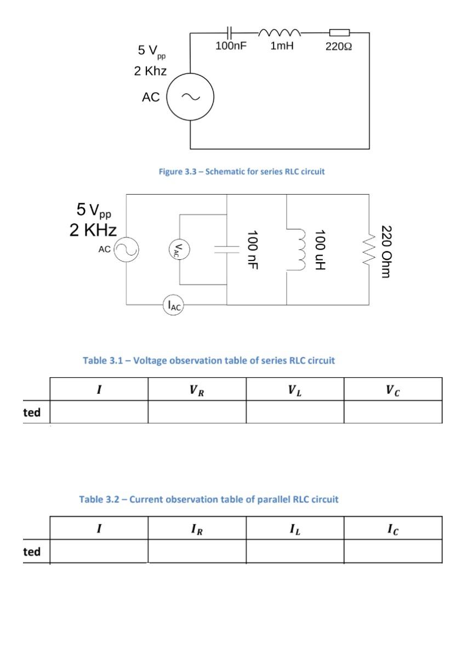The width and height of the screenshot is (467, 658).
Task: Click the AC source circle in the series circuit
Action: pos(190,98)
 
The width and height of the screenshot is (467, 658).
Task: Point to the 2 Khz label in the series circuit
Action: pos(150,71)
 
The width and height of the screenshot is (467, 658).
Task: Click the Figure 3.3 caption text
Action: pos(242,172)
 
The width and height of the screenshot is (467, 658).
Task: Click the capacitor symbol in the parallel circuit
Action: pos(226,249)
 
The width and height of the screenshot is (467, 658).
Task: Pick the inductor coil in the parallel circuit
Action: pos(298,251)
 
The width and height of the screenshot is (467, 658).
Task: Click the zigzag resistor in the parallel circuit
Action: pos(368,250)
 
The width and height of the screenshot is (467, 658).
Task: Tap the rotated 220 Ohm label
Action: pos(388,251)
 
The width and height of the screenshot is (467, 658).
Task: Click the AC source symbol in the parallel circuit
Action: pos(126,249)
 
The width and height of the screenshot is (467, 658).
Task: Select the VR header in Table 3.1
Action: pos(197,390)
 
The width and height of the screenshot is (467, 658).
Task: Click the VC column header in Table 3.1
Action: pos(392,390)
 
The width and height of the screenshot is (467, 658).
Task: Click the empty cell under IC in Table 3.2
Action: pos(392,551)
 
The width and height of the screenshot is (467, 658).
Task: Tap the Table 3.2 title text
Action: pos(209,500)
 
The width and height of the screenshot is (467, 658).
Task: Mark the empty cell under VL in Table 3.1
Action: pos(295,412)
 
